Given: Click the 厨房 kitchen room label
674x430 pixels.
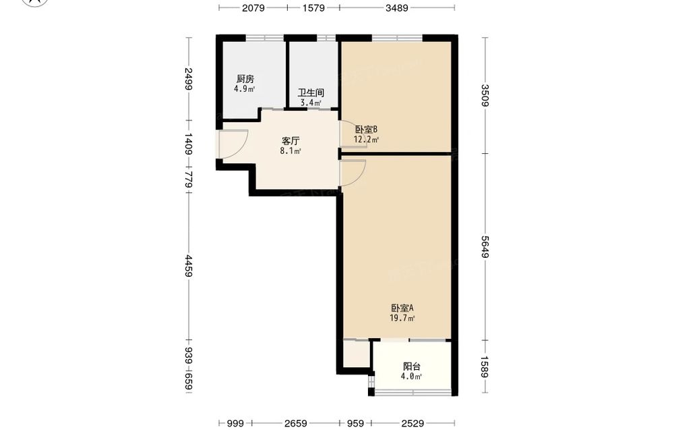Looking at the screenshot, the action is click(x=245, y=79).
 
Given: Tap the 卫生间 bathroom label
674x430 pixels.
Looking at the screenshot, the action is click(x=311, y=93).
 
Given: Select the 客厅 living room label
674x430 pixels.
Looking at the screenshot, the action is click(x=290, y=141).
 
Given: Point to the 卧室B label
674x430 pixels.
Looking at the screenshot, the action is click(x=366, y=129).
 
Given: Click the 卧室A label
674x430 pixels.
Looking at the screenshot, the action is click(x=402, y=308).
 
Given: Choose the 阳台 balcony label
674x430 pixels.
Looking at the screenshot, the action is click(x=411, y=367).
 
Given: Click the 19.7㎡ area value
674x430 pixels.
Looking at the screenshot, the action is click(x=402, y=319).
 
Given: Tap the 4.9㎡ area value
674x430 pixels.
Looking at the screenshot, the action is click(x=244, y=89).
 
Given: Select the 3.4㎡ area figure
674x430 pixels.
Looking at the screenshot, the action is click(x=311, y=103).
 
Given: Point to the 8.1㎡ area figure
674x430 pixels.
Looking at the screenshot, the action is click(x=290, y=151).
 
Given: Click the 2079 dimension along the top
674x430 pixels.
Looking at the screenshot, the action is click(x=253, y=7).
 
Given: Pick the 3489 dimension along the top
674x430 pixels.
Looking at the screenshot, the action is click(x=396, y=7).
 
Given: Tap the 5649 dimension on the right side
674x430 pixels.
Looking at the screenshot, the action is click(x=485, y=247).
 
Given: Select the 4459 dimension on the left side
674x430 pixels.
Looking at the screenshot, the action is click(x=188, y=265).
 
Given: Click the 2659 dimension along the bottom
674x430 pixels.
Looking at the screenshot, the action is click(x=295, y=423).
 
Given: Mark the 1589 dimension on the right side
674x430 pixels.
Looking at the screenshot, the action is click(x=485, y=367).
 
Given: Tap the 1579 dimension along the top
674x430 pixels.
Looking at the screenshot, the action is click(x=313, y=7).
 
